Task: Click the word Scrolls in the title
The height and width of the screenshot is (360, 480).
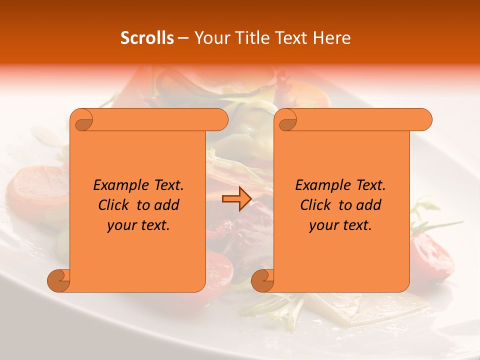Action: [147, 38]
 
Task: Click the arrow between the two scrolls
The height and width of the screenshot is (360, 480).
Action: [236, 199]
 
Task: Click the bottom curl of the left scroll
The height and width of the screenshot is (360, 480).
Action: [59, 280]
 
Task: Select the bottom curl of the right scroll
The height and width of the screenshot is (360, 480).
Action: [263, 280]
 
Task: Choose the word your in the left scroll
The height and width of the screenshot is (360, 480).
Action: [120, 225]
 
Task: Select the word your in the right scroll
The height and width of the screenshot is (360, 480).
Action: [322, 225]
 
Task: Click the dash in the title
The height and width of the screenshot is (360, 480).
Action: [183, 38]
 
